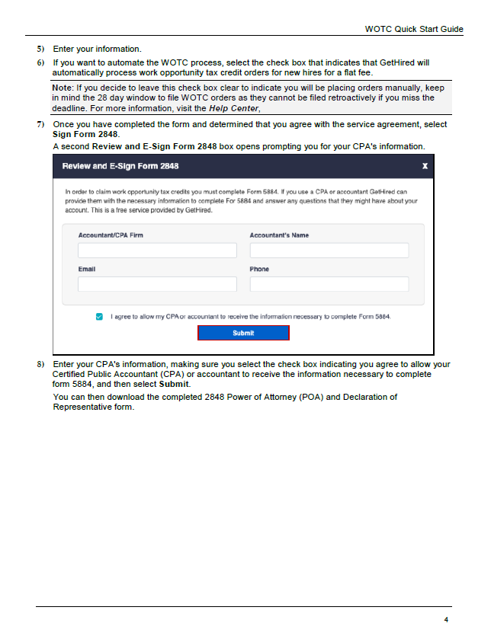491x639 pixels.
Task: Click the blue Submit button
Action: [x=243, y=333]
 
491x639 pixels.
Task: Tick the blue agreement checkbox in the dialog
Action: [x=99, y=316]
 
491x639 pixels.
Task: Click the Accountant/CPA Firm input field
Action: [x=157, y=251]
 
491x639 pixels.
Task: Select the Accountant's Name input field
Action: [x=329, y=251]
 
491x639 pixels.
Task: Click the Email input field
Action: [x=157, y=284]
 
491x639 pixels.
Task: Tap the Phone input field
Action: [x=329, y=284]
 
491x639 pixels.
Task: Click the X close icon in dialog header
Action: [x=425, y=166]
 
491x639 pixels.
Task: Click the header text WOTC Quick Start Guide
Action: [x=414, y=29]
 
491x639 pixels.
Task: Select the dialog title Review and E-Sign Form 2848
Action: [x=120, y=166]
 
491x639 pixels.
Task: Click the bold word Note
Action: [x=62, y=88]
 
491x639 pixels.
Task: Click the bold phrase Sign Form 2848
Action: [x=85, y=134]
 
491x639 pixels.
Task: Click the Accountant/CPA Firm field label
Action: [x=111, y=235]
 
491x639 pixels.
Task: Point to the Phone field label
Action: [x=259, y=269]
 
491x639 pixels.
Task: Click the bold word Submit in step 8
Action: [x=174, y=384]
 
